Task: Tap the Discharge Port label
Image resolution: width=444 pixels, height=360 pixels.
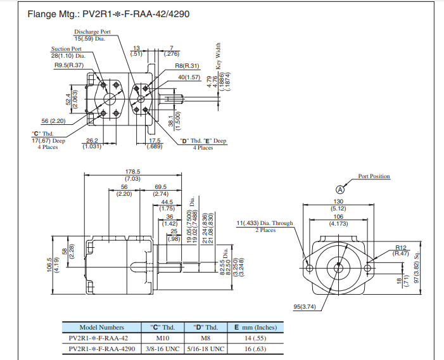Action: click(x=92, y=32)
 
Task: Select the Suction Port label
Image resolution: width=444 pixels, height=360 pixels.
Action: click(x=67, y=49)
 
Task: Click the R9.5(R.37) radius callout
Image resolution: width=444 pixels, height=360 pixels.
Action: click(x=68, y=65)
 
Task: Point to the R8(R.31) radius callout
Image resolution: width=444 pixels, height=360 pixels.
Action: click(x=187, y=65)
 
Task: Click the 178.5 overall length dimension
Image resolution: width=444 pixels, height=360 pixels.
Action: click(x=132, y=172)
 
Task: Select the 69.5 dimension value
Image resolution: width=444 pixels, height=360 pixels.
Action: click(x=160, y=187)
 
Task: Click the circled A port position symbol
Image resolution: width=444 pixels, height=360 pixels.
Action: click(x=339, y=189)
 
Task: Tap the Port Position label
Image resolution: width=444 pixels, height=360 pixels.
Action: click(x=374, y=176)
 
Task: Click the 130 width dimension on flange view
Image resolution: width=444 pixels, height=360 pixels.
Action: click(x=338, y=202)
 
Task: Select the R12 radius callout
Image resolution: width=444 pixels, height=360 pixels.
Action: click(x=400, y=247)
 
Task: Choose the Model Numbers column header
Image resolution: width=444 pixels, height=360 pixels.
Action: click(x=102, y=327)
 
